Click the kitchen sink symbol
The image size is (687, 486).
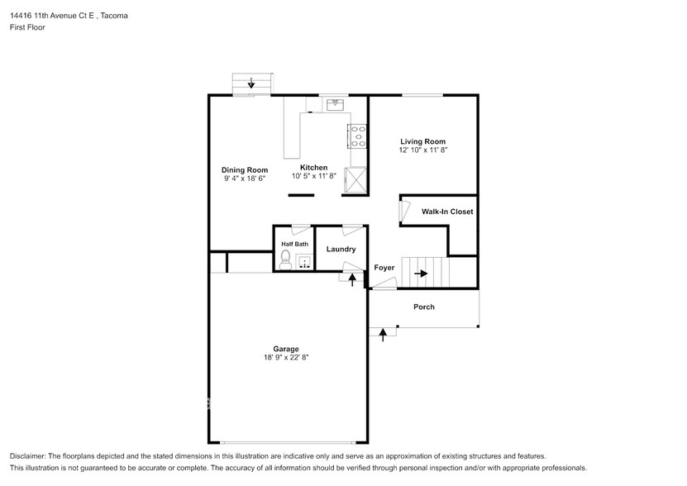(336, 105)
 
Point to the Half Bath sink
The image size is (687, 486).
(304, 262)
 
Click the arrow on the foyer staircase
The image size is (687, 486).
(421, 273)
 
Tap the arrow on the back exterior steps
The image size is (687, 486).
(251, 83)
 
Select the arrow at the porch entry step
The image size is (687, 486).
(383, 333)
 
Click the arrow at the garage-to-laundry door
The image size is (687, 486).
(353, 280)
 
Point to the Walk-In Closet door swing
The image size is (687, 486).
(404, 212)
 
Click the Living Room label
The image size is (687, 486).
(422, 141)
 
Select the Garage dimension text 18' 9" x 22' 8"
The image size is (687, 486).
(286, 358)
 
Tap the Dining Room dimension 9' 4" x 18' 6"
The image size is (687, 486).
(244, 179)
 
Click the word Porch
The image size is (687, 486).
(423, 307)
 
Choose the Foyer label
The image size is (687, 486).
(384, 268)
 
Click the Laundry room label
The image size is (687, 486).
(341, 249)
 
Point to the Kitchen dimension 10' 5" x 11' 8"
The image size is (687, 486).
(314, 176)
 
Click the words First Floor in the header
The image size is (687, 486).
(28, 27)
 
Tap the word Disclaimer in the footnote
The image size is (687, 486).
(30, 456)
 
